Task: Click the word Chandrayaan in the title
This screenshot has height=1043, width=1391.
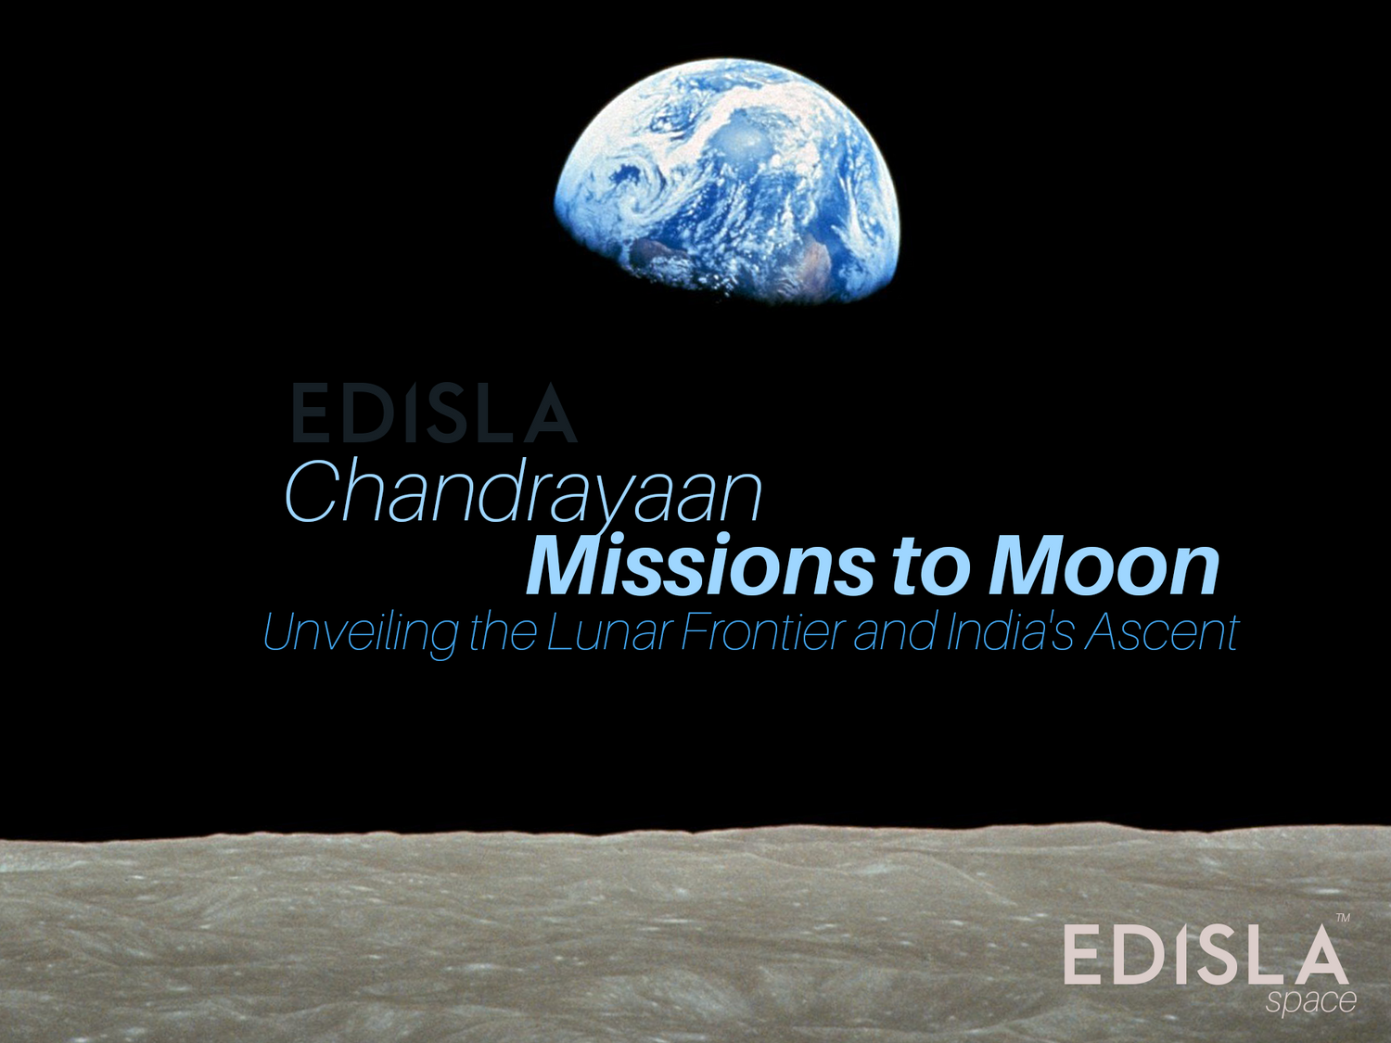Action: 522,492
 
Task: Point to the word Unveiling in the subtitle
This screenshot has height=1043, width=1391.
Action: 360,633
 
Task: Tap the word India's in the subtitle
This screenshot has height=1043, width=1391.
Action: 1011,633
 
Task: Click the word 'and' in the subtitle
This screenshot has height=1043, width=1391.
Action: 895,633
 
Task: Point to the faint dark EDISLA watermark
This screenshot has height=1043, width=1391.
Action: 434,413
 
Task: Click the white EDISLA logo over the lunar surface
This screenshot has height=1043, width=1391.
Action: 1206,955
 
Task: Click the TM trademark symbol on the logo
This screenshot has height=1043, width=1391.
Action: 1342,918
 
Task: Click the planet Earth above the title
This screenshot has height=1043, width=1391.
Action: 728,181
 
